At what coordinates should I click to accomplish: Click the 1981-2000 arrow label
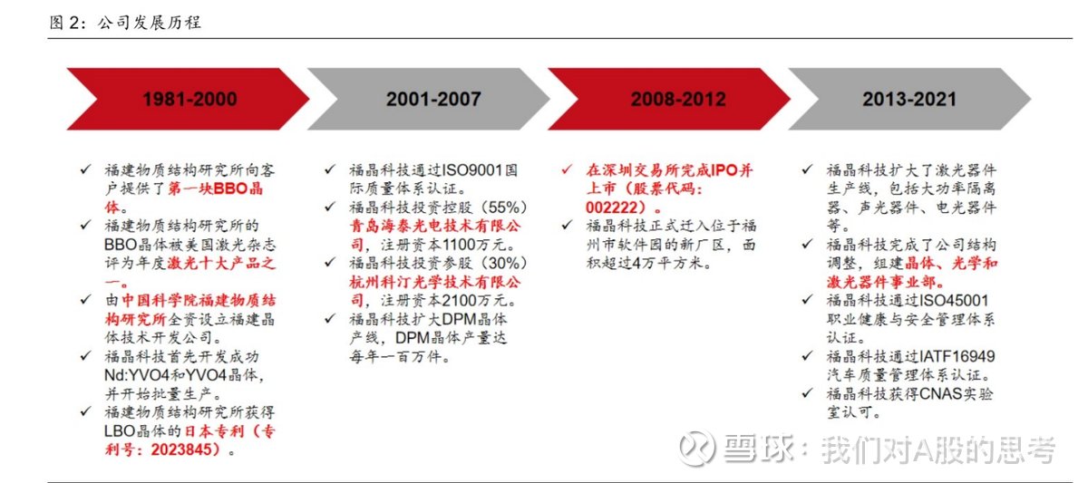coord(189,99)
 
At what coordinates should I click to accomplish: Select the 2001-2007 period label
coord(433,99)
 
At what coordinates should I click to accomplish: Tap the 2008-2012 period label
coord(678,99)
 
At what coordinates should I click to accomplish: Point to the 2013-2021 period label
coord(909,99)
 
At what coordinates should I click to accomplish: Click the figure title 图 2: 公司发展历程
coord(125,23)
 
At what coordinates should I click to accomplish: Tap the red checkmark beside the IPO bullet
coord(567,169)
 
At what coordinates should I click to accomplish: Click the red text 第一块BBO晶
coord(215,188)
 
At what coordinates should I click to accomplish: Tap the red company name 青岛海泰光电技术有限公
coord(435,226)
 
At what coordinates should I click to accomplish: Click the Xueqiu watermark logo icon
coord(696,448)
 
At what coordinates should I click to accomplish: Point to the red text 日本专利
coord(215,431)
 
